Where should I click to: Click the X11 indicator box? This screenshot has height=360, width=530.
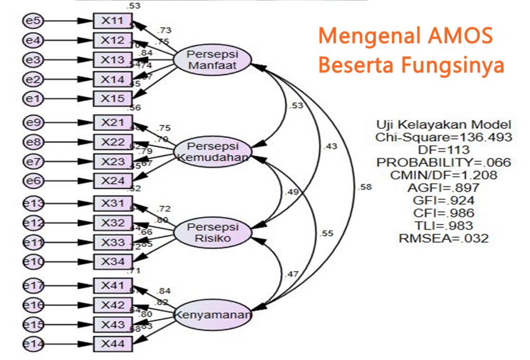tap(112, 21)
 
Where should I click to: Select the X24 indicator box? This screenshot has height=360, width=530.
tap(112, 181)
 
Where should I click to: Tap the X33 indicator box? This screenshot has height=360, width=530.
tap(112, 242)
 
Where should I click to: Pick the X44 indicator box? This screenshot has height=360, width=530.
tap(112, 342)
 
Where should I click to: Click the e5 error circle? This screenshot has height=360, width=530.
tap(34, 21)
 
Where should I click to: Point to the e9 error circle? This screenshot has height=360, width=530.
tap(34, 123)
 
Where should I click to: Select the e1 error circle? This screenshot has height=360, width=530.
tap(34, 97)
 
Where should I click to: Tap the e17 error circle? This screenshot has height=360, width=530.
tap(34, 285)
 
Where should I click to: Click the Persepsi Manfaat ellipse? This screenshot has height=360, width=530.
tap(212, 61)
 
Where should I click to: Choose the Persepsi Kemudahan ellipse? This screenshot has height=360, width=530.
tap(212, 151)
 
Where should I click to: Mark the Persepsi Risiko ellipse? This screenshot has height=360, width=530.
tap(212, 233)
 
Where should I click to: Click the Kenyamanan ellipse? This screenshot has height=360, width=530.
tap(212, 314)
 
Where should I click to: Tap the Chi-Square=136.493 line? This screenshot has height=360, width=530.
tap(444, 137)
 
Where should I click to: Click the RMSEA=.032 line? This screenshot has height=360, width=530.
tap(444, 238)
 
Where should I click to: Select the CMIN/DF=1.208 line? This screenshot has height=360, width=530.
tap(444, 175)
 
